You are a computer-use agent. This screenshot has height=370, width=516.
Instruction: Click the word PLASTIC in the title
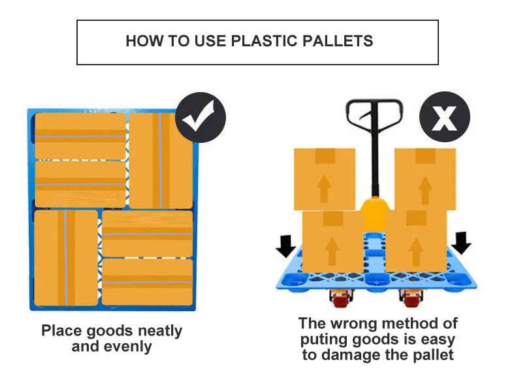(x=264, y=42)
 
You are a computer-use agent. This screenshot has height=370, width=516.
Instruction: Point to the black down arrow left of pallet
(x=285, y=245)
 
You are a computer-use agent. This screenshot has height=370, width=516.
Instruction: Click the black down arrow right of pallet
(x=460, y=242)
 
